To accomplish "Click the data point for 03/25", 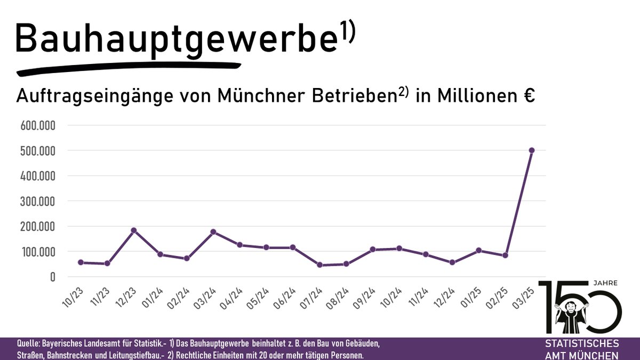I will click(532, 150).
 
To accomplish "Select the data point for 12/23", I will click(134, 230).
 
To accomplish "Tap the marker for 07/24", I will click(319, 265).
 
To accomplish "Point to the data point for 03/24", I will click(213, 232).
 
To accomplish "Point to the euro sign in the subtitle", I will click(529, 97).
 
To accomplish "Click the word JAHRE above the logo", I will click(602, 284).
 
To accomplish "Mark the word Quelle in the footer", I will click(30, 343).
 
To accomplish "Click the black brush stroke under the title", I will click(128, 68).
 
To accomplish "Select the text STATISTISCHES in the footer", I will click(582, 343).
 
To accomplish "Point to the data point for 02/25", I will click(505, 255).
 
